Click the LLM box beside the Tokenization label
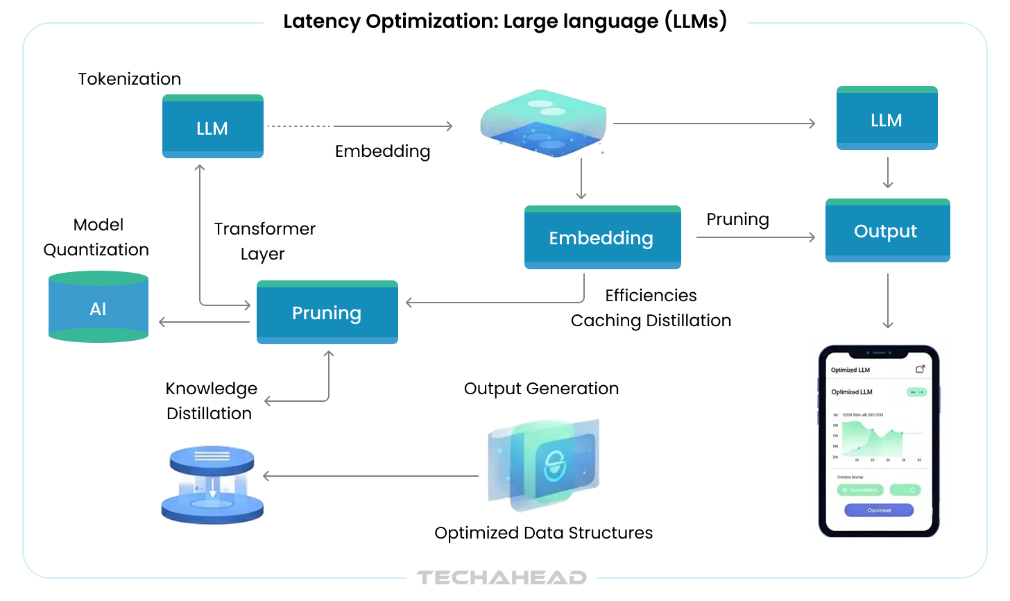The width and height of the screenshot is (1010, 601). point(212,127)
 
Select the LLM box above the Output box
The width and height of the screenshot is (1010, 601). point(887,119)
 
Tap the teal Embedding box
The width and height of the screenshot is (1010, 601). point(602,237)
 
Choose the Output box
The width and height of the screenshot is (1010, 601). point(887,230)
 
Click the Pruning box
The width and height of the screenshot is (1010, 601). point(327,312)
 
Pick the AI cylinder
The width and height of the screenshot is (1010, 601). point(99,307)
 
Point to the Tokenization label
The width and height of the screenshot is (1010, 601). point(130,79)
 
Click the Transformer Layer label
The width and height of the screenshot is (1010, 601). point(264,241)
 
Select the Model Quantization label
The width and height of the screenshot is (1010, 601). point(96,237)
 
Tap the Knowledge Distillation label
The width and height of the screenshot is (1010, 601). point(211,401)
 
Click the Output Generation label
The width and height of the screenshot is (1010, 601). point(541,389)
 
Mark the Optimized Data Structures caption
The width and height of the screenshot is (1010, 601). point(543,533)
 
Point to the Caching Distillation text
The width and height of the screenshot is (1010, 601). point(651,321)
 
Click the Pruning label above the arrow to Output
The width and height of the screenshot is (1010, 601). point(737,219)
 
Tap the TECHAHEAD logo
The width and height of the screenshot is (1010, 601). point(502,577)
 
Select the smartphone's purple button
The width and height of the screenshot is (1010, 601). point(879,510)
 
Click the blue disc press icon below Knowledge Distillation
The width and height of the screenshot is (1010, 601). point(212,484)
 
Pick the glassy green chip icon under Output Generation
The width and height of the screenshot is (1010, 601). point(545,464)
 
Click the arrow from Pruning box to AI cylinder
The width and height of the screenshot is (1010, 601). point(204,322)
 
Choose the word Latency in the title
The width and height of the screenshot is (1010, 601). point(321,22)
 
